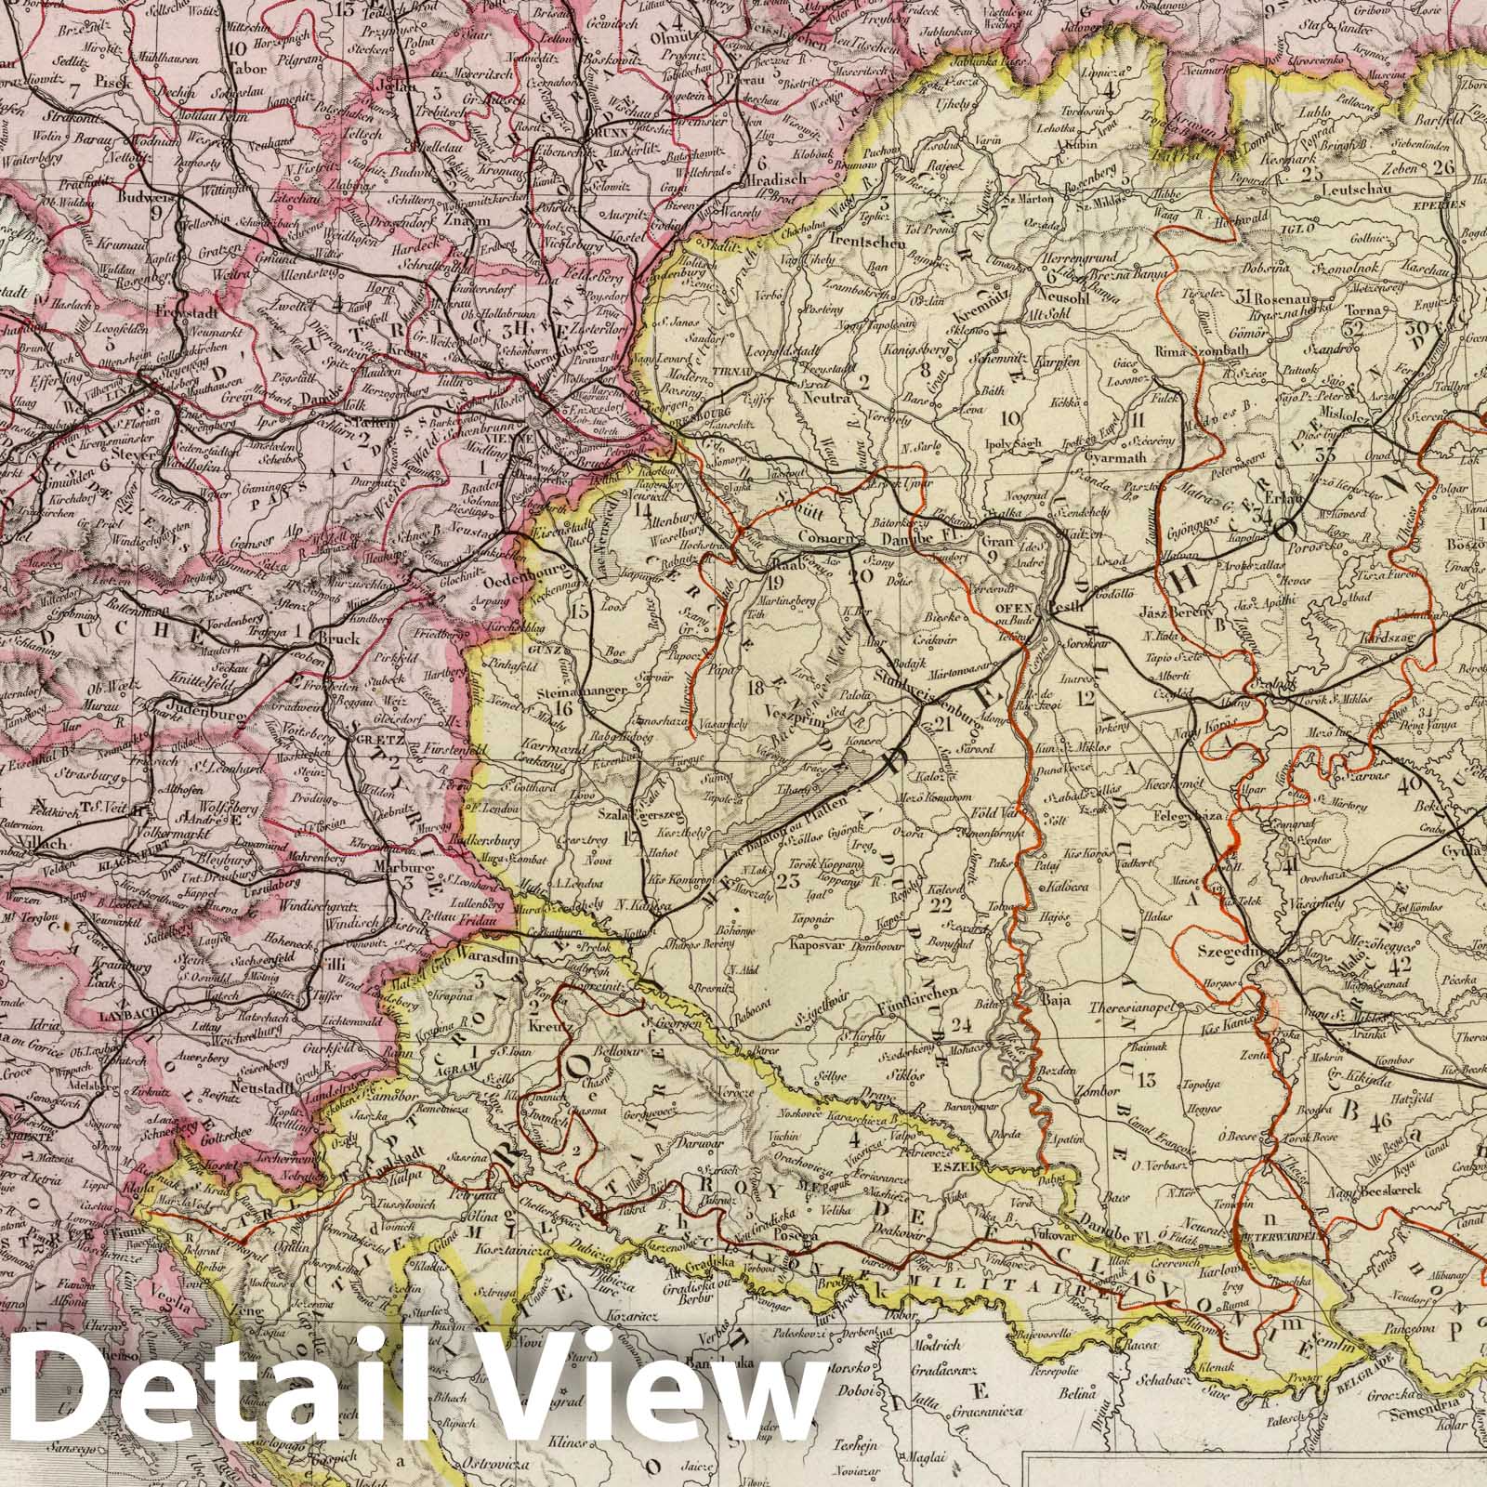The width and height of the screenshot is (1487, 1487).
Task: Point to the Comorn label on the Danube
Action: (823, 537)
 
